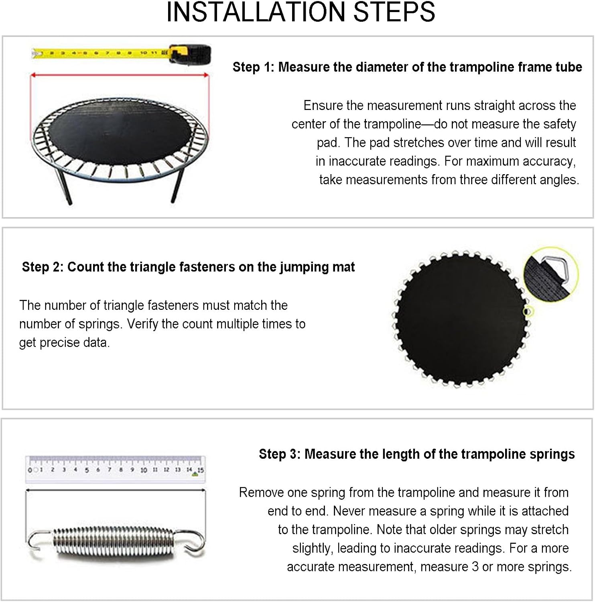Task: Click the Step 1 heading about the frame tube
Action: tap(407, 67)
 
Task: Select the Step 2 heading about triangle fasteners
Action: tap(188, 267)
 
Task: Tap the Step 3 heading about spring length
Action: tap(416, 454)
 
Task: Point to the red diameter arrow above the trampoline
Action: tap(120, 75)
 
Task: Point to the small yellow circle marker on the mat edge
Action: tap(528, 311)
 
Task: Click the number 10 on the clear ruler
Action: tap(143, 470)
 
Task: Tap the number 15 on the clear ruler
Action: tap(201, 470)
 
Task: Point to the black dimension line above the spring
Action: tap(116, 490)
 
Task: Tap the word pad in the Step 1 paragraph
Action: tap(327, 142)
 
